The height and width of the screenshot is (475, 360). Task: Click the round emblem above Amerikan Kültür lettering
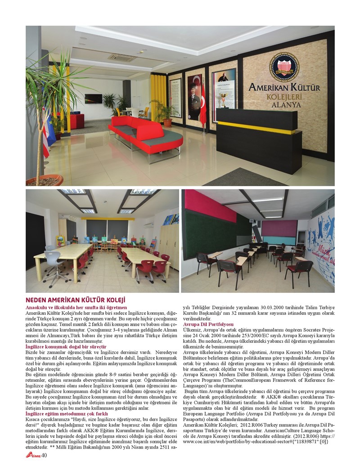point(284,67)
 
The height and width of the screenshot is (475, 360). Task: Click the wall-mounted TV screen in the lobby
point(93,99)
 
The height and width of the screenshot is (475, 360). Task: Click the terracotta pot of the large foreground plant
point(45,180)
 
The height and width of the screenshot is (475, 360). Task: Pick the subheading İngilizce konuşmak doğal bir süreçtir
point(66,347)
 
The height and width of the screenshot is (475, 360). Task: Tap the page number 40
point(44,455)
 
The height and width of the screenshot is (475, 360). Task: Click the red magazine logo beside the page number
point(33,455)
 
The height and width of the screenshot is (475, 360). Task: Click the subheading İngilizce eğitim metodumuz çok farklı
point(67,413)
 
